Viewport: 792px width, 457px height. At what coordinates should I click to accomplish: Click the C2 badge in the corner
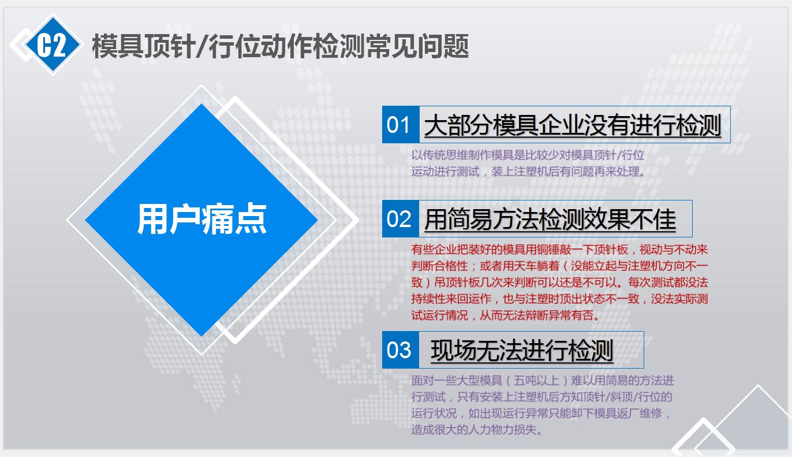53,44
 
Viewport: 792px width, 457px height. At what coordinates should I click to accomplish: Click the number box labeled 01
400,125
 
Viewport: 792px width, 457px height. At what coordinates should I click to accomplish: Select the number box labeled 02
400,219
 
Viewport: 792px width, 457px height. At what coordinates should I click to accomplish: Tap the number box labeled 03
400,350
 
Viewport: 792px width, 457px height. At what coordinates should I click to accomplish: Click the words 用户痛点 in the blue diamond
201,220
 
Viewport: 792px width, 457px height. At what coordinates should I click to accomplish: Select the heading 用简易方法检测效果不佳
550,220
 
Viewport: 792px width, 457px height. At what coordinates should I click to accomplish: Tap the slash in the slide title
201,46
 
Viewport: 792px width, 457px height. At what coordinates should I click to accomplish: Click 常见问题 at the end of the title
417,46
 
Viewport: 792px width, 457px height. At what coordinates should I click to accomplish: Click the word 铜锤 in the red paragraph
560,250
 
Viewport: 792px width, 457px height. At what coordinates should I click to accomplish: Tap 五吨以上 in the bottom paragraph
536,381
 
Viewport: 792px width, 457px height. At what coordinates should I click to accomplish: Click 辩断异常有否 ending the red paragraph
560,315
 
